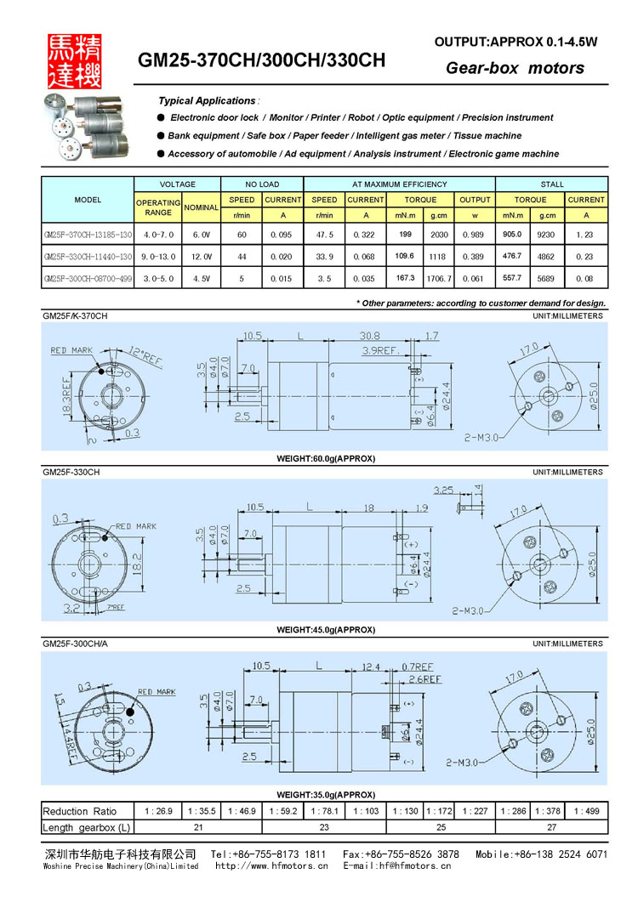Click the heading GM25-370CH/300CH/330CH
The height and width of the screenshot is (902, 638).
(262, 61)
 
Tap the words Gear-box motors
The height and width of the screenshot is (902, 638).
(515, 68)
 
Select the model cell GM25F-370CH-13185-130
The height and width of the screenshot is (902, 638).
(88, 234)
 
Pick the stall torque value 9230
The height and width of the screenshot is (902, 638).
(548, 234)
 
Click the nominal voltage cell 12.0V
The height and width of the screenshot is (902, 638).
(202, 256)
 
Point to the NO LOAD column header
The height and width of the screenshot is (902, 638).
(262, 184)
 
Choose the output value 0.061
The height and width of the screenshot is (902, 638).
(475, 278)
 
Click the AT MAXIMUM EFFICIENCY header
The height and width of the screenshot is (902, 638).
(399, 184)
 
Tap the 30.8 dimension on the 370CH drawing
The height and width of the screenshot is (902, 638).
(369, 336)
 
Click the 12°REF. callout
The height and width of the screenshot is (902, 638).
(145, 357)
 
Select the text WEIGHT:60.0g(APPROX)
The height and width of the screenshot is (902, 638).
(326, 458)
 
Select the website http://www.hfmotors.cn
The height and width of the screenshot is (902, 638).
(271, 866)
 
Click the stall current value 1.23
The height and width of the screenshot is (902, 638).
(586, 234)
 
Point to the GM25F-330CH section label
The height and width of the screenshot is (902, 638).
(71, 472)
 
